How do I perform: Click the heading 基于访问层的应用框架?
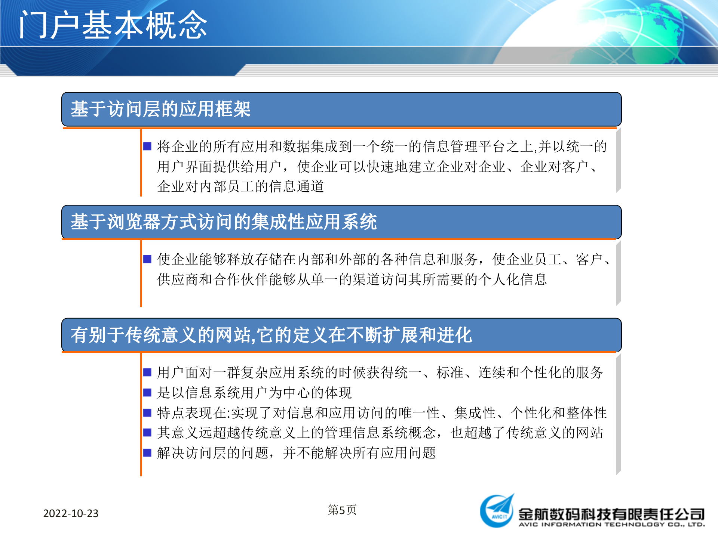tap(160, 109)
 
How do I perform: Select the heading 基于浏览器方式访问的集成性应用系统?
tap(223, 222)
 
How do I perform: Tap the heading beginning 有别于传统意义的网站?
tap(271, 335)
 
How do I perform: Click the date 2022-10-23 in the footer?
tap(71, 513)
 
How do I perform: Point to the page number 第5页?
tap(342, 510)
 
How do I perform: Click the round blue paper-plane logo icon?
tap(497, 511)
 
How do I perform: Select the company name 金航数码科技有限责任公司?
tap(611, 514)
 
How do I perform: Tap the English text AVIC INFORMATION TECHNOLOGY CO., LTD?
tap(611, 525)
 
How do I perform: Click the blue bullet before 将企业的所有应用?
tap(147, 146)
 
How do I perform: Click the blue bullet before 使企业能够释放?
tap(147, 259)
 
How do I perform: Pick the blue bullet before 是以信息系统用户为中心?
tap(147, 392)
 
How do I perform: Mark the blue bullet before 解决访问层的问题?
tap(147, 453)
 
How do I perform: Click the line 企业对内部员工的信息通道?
tap(240, 186)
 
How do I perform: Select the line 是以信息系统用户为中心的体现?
tap(254, 393)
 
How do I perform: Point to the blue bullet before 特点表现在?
tap(147, 412)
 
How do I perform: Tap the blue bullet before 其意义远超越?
tap(147, 433)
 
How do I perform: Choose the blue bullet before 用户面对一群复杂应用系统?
tap(147, 372)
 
